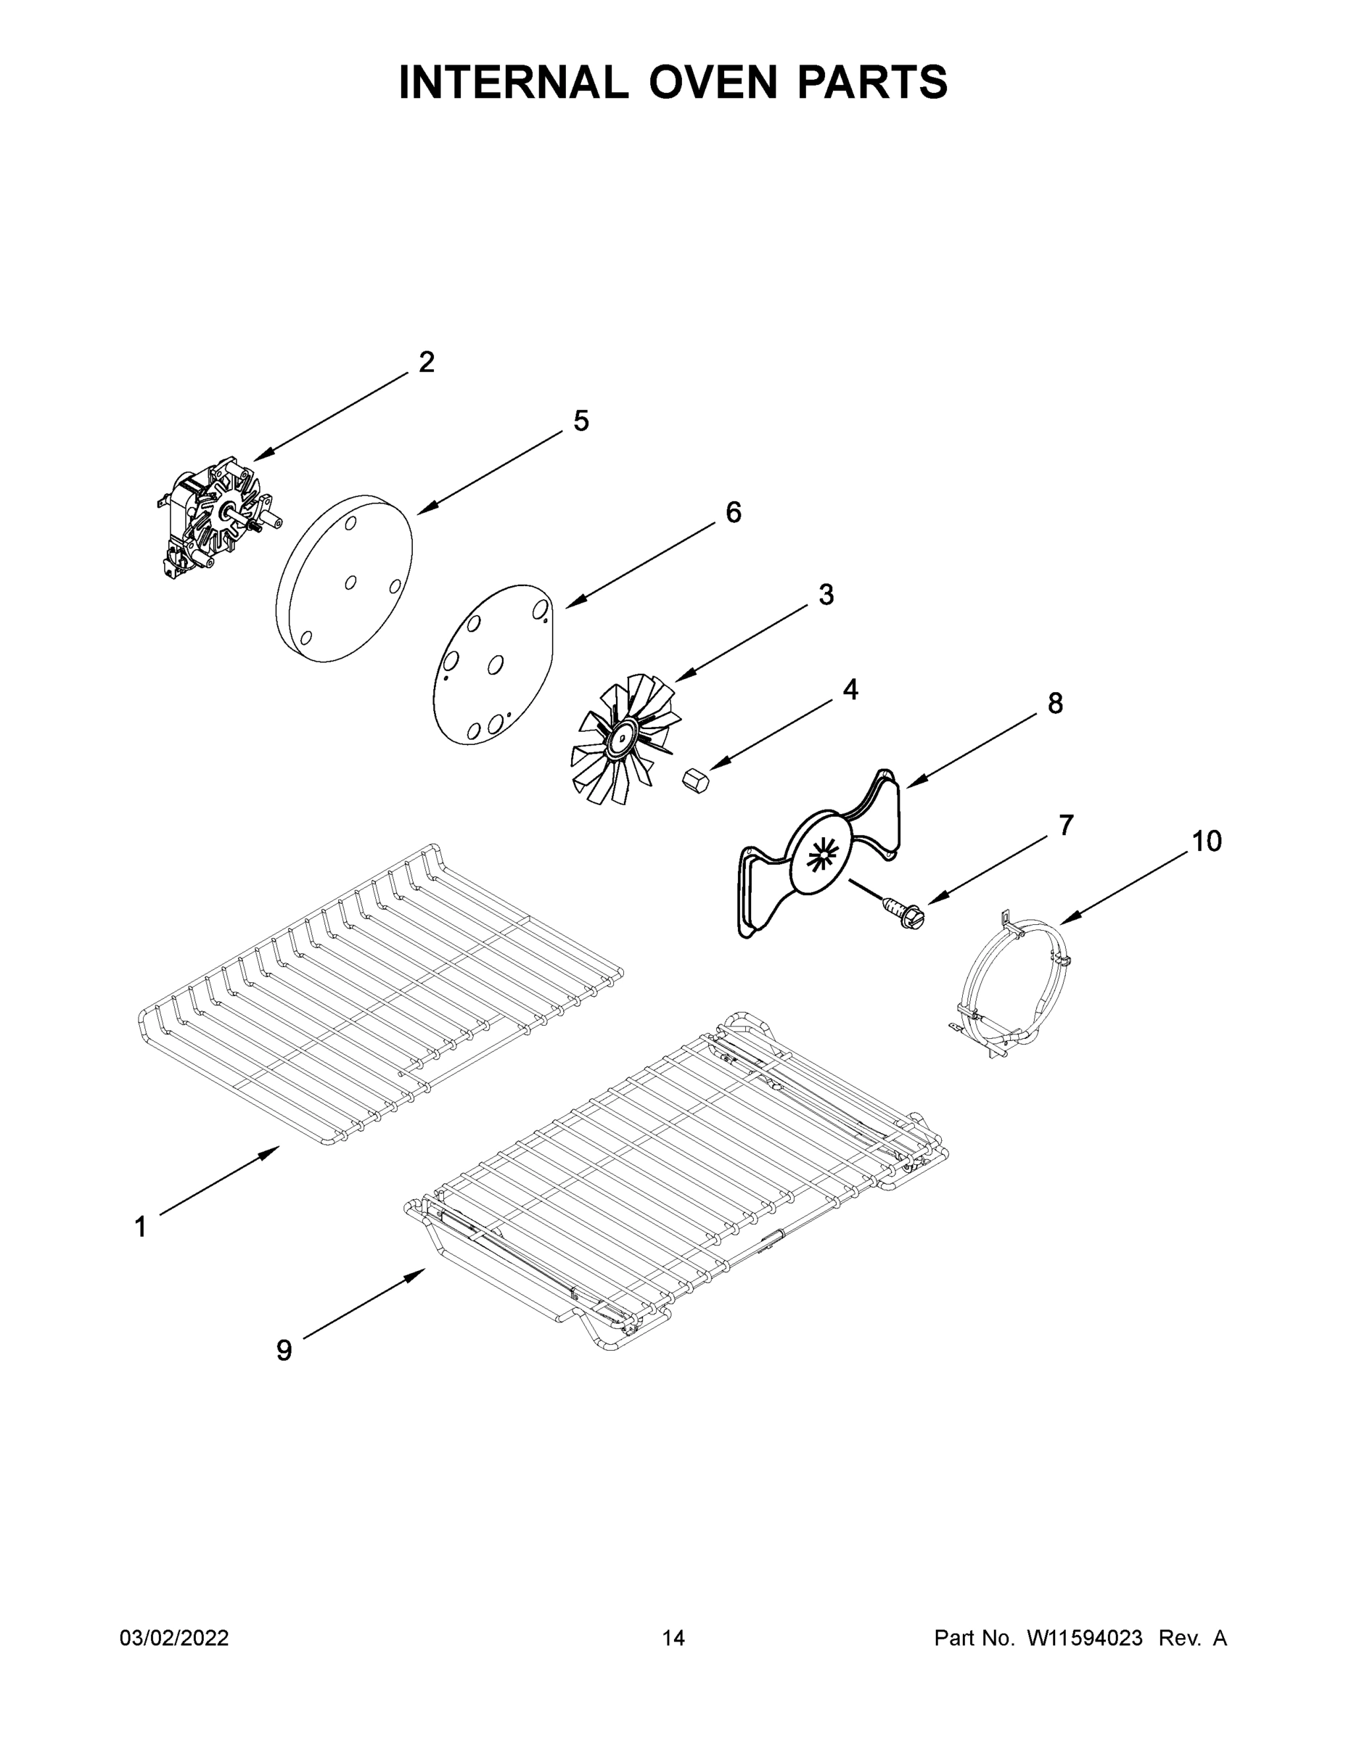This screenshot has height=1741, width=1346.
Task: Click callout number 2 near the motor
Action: coord(427,363)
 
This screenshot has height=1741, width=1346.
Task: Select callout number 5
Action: coord(581,421)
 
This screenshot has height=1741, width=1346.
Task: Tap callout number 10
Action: coord(1207,841)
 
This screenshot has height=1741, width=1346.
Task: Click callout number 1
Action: coord(140,1227)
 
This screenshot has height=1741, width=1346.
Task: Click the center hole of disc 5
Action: coord(350,583)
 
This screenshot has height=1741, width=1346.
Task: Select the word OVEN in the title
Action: coord(712,82)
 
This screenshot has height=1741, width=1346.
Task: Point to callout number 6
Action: coord(733,513)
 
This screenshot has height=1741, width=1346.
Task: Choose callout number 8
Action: coord(1055,704)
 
